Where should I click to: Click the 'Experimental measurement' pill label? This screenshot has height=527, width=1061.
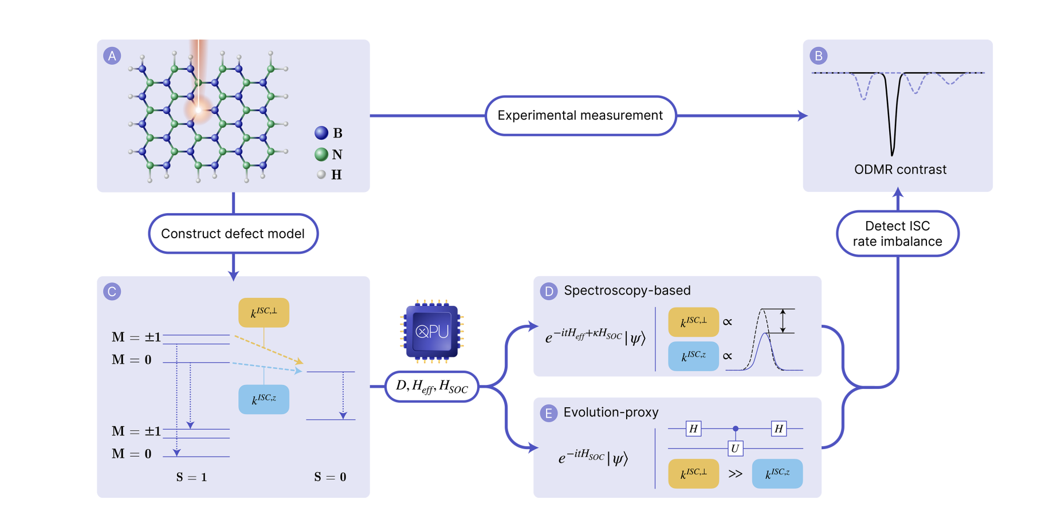point(580,116)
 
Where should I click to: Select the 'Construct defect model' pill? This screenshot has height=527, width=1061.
point(233,234)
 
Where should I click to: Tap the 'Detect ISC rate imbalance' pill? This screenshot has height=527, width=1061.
point(897,234)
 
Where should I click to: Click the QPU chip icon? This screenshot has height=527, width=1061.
point(431,332)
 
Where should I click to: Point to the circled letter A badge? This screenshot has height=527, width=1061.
point(112,56)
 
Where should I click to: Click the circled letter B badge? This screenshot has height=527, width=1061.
point(818,56)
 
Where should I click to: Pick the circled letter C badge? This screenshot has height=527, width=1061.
point(112,292)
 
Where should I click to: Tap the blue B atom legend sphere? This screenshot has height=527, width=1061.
point(321,133)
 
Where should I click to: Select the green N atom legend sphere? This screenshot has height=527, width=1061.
point(321,154)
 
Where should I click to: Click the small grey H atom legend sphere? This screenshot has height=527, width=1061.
point(321,174)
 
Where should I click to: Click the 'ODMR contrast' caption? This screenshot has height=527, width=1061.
point(900,170)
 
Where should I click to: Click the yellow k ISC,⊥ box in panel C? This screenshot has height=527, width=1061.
point(264,312)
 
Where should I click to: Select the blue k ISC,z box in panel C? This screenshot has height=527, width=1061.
point(264,399)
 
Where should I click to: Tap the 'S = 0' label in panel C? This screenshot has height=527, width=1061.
point(330,477)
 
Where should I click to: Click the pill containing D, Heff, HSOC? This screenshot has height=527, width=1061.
point(431,387)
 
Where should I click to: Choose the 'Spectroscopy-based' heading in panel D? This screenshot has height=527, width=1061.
point(627,290)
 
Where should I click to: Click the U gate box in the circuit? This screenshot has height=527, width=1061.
point(735,449)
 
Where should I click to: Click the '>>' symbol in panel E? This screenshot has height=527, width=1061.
point(735,474)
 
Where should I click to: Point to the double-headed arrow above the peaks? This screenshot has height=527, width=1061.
point(783,321)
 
